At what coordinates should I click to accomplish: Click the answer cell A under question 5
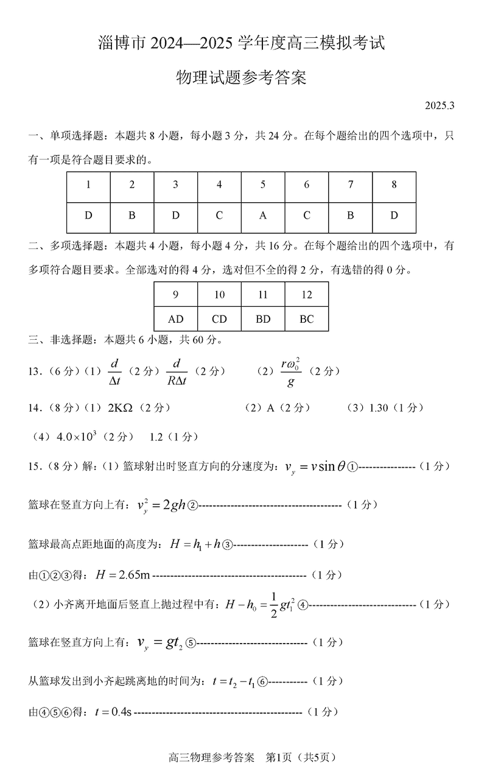(x=263, y=216)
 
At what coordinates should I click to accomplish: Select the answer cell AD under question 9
(x=175, y=318)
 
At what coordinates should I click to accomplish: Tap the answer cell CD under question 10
(x=219, y=318)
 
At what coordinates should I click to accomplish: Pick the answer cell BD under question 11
(x=263, y=318)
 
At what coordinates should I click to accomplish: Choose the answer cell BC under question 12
(x=307, y=318)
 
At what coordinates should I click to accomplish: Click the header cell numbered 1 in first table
(x=88, y=185)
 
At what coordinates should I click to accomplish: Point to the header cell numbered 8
(x=394, y=185)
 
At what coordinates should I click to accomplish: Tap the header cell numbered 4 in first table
(x=219, y=185)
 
